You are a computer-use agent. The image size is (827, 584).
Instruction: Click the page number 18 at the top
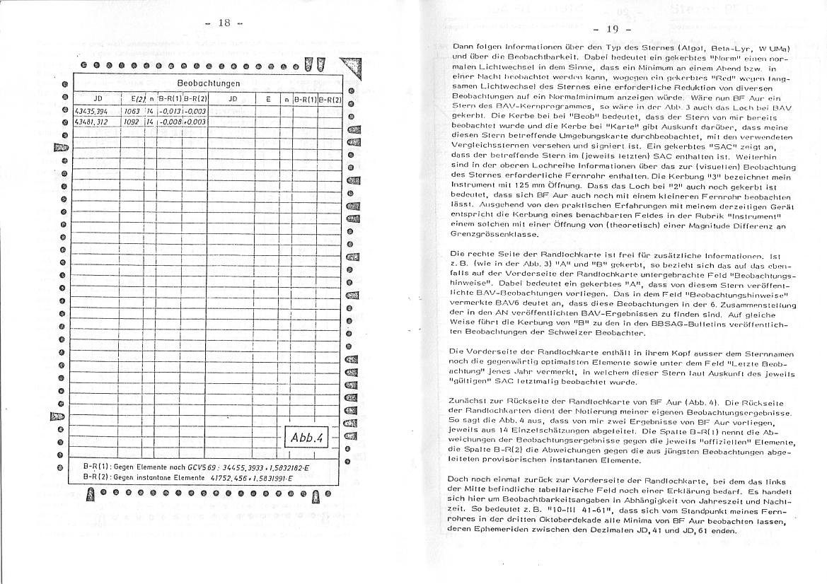pos(224,23)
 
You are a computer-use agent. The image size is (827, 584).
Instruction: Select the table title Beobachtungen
pos(208,83)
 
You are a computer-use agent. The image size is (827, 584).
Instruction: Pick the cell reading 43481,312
pos(91,122)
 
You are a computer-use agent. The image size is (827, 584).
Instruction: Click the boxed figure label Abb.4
pos(306,438)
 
